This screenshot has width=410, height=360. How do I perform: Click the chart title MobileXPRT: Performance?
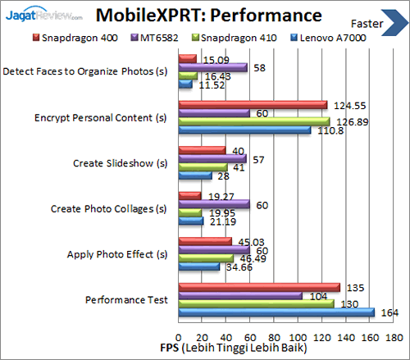206,16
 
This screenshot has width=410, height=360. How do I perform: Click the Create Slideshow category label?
120,162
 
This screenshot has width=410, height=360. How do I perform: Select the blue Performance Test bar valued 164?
276,312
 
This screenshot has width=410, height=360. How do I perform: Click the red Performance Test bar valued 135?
259,287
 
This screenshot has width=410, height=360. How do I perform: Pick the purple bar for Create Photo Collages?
214,204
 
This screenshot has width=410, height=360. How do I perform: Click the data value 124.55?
348,105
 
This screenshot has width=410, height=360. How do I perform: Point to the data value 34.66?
238,267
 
